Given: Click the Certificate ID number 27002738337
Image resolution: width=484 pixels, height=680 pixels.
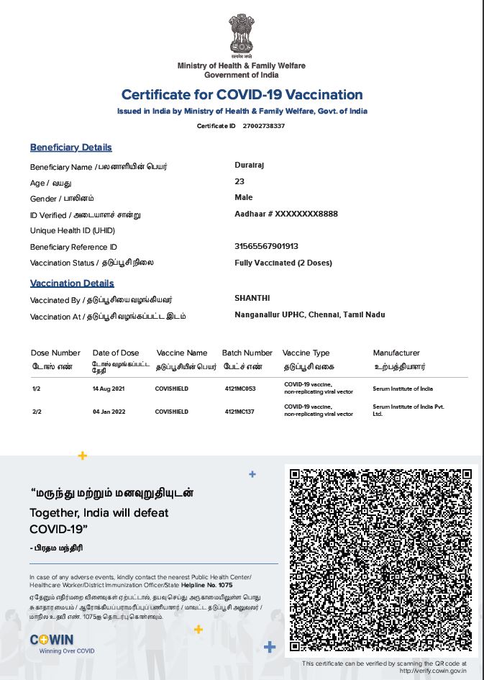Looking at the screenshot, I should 264,126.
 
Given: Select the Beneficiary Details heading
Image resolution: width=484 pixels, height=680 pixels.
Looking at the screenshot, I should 70,148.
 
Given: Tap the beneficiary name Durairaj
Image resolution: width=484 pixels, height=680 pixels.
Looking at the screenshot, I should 250,165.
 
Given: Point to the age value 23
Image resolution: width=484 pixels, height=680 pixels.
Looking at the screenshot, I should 239,181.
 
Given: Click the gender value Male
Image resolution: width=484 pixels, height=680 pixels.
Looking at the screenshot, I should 244,197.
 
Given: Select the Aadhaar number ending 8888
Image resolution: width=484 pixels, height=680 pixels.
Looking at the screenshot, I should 286,214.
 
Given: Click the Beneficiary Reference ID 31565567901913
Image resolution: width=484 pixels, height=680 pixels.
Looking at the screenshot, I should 266,246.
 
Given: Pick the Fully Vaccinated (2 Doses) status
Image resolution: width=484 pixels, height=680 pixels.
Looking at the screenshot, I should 283,263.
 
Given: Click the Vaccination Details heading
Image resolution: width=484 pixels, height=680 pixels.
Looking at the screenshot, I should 72,284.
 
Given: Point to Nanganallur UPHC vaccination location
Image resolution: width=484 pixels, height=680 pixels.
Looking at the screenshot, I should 309,314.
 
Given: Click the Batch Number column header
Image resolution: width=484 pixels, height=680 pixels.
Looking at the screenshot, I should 247,353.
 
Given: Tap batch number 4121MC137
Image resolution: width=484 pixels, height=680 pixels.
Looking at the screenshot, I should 240,412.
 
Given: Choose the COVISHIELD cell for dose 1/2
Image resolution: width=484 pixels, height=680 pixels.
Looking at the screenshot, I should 172,389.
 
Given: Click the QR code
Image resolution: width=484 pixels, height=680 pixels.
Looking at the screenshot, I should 380,560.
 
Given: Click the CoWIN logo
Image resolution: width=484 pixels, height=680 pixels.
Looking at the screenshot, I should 51,640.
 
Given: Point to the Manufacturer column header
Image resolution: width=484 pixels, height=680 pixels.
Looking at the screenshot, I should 396,353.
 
